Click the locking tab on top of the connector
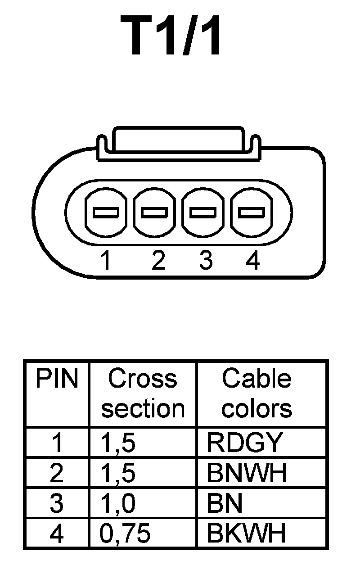[179, 140]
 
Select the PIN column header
[57, 379]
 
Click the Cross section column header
[143, 394]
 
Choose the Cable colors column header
[257, 394]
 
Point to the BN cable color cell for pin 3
[225, 503]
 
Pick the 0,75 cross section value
[125, 534]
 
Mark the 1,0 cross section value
[117, 503]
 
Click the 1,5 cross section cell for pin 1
[117, 443]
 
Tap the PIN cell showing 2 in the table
[57, 473]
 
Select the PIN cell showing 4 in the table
[57, 534]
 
